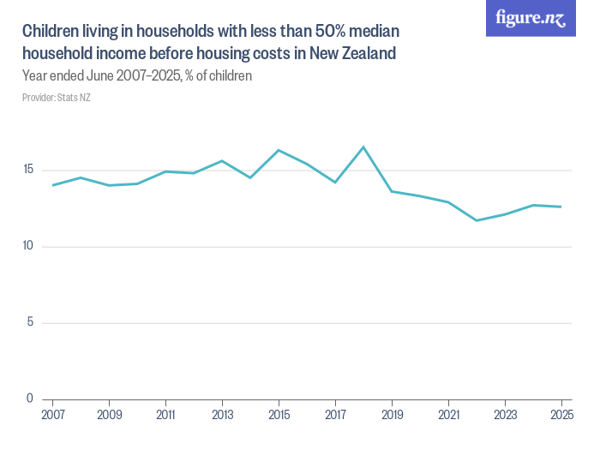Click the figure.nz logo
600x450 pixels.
(531, 18)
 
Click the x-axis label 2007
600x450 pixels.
(53, 414)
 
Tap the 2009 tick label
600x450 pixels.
(110, 414)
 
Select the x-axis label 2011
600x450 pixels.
(166, 414)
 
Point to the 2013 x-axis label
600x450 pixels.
(223, 414)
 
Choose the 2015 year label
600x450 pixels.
(279, 414)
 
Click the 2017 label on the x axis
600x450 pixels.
(336, 414)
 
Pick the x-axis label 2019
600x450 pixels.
(392, 414)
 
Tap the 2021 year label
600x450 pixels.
(448, 414)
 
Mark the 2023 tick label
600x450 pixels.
(505, 414)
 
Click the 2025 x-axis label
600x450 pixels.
(561, 414)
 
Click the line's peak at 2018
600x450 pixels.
(363, 147)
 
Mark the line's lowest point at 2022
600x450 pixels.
(477, 220)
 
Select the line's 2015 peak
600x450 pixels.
(279, 150)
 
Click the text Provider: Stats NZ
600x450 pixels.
(57, 98)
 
